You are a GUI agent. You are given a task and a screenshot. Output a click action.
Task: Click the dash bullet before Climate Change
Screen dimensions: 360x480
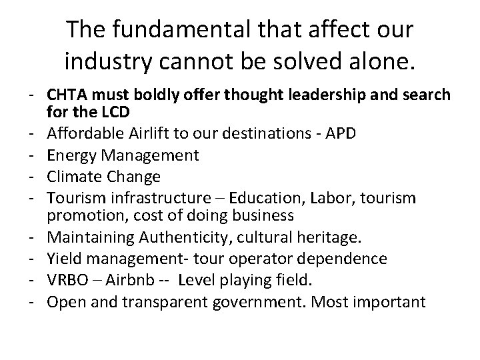[x=32, y=177]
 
